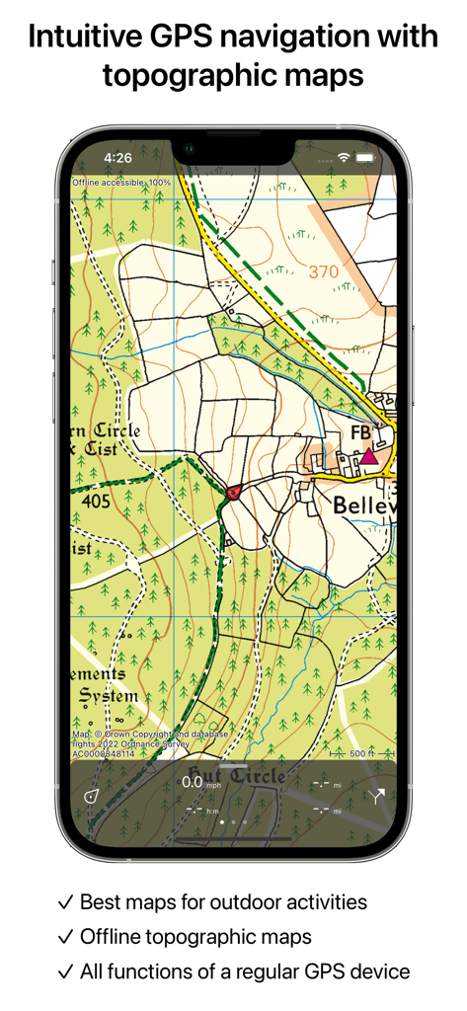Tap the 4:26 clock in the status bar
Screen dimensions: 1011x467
(x=117, y=157)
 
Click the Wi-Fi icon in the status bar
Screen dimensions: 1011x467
(x=344, y=157)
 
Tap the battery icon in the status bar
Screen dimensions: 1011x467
(x=365, y=157)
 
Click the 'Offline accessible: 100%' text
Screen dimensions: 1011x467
(x=121, y=183)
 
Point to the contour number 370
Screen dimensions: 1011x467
(x=323, y=272)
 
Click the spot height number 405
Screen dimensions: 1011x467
(x=97, y=502)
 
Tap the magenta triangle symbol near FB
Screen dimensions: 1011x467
(x=368, y=456)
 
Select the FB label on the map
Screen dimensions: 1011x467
(x=361, y=433)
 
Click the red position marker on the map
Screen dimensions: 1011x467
(x=234, y=491)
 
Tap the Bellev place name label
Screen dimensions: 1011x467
(x=364, y=505)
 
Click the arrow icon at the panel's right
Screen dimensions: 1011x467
(x=377, y=797)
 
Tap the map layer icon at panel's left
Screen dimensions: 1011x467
(x=91, y=796)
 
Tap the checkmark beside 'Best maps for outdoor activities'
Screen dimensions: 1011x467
(x=66, y=901)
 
